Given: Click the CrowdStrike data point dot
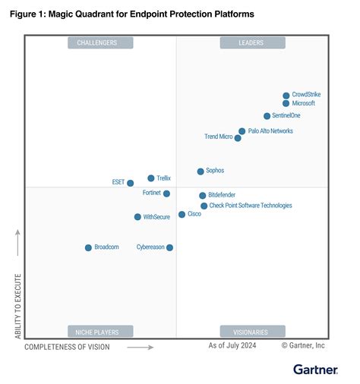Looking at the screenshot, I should pos(286,96).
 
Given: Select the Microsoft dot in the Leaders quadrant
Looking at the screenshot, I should pos(286,104).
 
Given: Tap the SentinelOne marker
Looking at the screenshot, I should pos(267,116).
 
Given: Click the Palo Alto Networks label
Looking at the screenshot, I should pos(271,131).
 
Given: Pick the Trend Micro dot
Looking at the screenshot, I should pos(238,138).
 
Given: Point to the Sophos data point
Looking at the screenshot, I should pos(201,172).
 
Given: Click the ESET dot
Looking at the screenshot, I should pos(131,183).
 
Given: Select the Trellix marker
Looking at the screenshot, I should pos(151,178).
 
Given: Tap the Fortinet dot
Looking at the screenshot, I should pos(167,194).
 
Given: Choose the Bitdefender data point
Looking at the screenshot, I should pos(203,196).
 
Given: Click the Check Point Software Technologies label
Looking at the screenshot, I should pos(251,206).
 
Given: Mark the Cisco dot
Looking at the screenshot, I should pos(182,215).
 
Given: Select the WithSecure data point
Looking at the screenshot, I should pos(137,217).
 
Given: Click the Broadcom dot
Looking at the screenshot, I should pos(88,247).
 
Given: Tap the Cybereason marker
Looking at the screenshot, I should pos(169,247).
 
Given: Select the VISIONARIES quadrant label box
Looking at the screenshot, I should pos(253,332).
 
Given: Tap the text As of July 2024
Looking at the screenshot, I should pos(232,346).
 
